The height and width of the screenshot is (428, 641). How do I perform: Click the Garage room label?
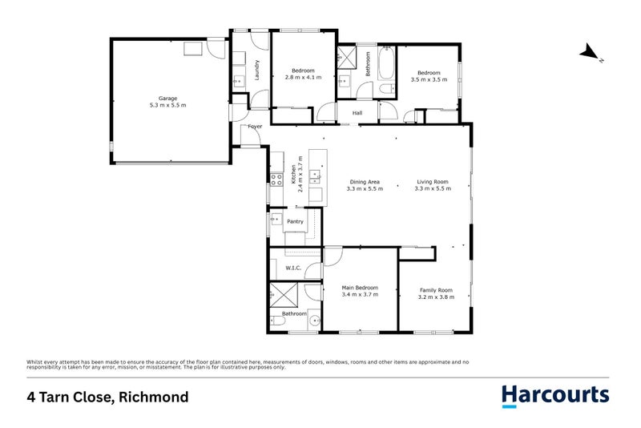(167, 98)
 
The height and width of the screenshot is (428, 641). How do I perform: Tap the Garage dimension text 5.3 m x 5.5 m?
(167, 105)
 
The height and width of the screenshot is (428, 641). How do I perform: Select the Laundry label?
(257, 70)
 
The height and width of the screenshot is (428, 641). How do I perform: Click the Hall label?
(357, 113)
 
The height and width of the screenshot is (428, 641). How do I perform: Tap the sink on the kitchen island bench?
(316, 175)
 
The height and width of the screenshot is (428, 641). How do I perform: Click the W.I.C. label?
(292, 268)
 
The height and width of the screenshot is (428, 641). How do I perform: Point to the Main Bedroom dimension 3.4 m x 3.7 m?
(360, 295)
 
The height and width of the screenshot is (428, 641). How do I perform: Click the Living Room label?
(433, 181)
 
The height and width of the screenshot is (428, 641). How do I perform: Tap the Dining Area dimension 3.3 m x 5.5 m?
(365, 189)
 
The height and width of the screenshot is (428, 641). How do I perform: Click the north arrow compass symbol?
(591, 54)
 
